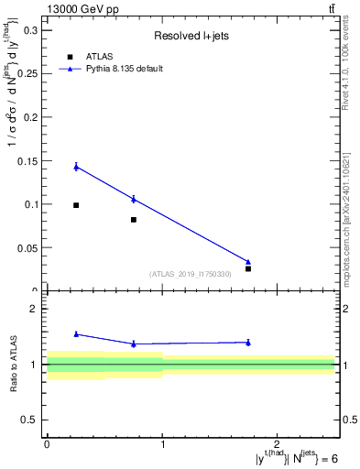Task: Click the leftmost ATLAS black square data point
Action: [76, 205]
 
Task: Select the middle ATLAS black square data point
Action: [134, 220]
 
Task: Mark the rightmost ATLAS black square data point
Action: [248, 268]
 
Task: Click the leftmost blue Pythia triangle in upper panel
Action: [76, 167]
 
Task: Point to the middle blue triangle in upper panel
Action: [134, 199]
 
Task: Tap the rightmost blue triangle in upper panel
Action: [248, 262]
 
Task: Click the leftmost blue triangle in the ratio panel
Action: [76, 334]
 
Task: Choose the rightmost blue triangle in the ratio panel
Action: [248, 343]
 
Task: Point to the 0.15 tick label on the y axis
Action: [27, 161]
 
